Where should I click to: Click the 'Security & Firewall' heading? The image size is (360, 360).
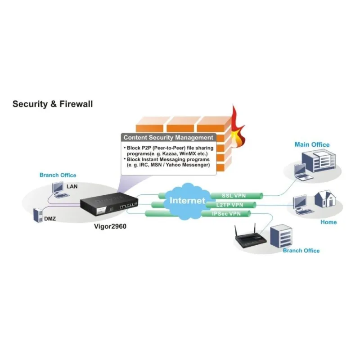pos(52,104)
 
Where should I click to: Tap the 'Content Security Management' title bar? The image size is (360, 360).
pos(168,137)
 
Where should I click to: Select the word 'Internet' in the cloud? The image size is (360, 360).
pos(187,200)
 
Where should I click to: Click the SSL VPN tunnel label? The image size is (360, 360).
pos(234,196)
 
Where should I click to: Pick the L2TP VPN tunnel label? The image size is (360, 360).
pos(229,205)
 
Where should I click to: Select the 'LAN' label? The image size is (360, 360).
pos(72,186)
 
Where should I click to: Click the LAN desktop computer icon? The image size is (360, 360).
pos(58,189)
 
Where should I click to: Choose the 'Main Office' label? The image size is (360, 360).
pos(312,144)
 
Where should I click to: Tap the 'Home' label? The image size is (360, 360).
pos(328,222)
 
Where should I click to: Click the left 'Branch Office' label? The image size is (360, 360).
pos(58,175)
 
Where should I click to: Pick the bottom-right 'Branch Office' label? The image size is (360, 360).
pos(301,251)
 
